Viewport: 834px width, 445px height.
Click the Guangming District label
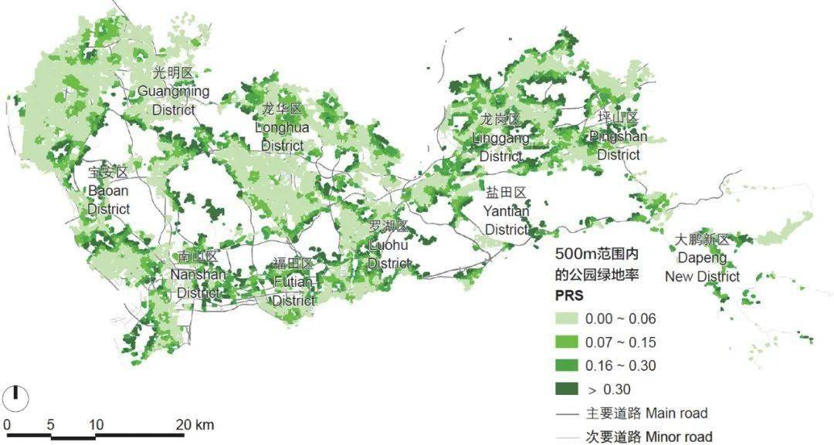173,91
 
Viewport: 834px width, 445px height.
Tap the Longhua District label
282,126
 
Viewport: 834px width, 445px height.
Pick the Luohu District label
389,245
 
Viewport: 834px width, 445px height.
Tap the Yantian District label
506,211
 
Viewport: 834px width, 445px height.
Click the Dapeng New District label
702,258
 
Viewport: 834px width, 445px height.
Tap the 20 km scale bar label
194,425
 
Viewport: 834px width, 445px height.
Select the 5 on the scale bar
50,425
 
